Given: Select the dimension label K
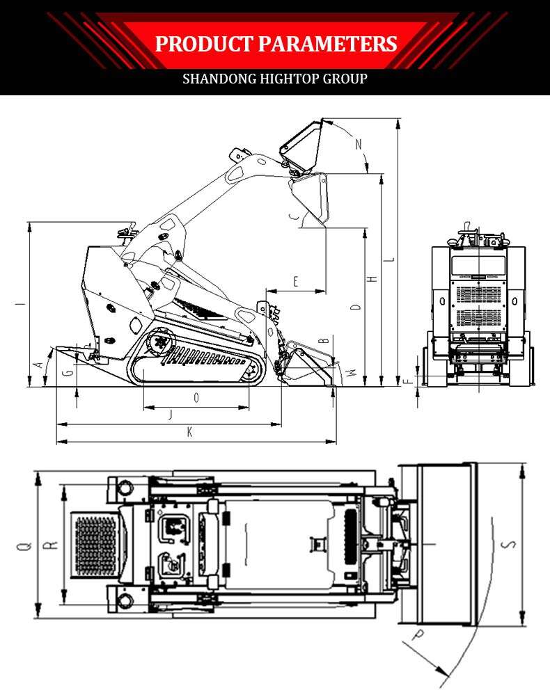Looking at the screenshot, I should point(189,433).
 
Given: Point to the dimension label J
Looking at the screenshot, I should point(171,415).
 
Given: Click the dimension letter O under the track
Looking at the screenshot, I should point(196,398).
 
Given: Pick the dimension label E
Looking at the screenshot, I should point(296,282).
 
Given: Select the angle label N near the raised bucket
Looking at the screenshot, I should point(359,144).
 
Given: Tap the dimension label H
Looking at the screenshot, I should point(373,278).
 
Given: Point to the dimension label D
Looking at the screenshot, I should point(356,307).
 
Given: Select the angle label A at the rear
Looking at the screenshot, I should point(40,365).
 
